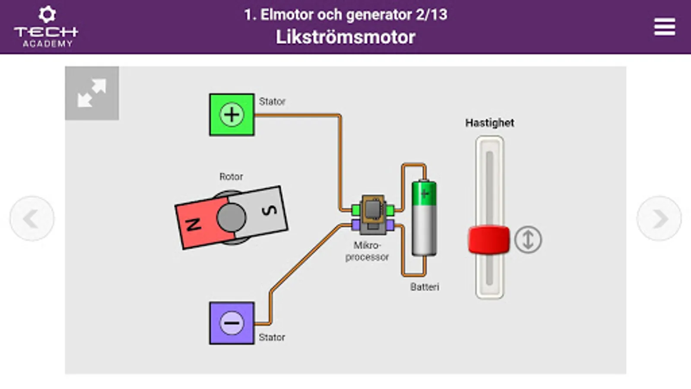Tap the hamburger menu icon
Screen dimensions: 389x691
[x=664, y=27]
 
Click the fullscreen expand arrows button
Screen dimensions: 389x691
[x=92, y=93]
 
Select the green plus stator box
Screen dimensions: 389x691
[x=232, y=115]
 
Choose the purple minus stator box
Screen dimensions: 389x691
[x=232, y=323]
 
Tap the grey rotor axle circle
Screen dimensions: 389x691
[x=231, y=217]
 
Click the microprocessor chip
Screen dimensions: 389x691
[x=373, y=210]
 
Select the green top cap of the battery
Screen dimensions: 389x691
[x=424, y=193]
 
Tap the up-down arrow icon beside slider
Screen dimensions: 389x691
[x=528, y=239]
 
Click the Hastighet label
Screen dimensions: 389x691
[x=489, y=123]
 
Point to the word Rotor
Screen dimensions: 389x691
[x=231, y=176]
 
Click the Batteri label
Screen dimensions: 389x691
[x=425, y=287]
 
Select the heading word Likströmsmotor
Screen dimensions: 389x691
[x=345, y=37]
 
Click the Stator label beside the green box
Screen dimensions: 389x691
[x=272, y=102]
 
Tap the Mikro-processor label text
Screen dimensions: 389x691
[x=367, y=251]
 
